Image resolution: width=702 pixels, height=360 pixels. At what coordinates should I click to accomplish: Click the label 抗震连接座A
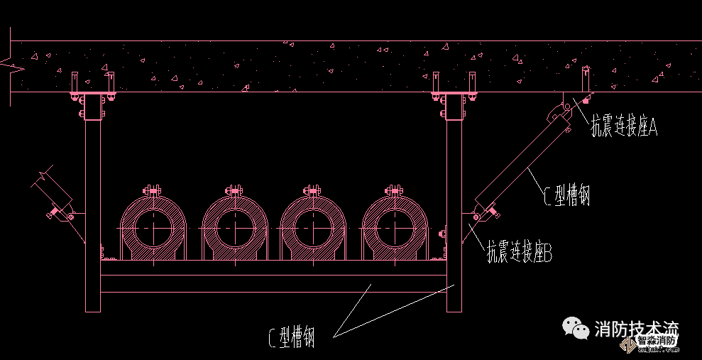pos(625,127)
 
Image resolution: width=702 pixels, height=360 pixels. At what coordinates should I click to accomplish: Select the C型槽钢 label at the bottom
pos(292,337)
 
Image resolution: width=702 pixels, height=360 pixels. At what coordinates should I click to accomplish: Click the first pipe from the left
pos(154,227)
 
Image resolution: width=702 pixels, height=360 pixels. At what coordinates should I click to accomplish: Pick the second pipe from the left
pos(235,227)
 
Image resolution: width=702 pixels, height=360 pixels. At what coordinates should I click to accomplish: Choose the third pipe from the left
pos(314,227)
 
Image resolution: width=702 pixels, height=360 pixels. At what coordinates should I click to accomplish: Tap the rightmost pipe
pos(395,227)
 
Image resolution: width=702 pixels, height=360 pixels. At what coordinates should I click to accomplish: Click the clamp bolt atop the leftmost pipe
pos(153,191)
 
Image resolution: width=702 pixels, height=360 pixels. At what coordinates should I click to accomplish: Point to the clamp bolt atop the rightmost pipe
pos(395,191)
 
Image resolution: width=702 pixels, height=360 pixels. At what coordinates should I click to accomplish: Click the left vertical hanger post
pos(93,213)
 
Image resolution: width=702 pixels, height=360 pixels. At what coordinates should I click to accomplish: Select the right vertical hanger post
pos(454,213)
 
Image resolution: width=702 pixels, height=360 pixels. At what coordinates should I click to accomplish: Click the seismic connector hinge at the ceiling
pos(558,112)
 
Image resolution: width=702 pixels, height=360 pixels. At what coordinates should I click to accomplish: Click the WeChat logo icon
pos(576,327)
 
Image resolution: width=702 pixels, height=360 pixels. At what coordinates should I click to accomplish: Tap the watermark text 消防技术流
pos(636,329)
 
